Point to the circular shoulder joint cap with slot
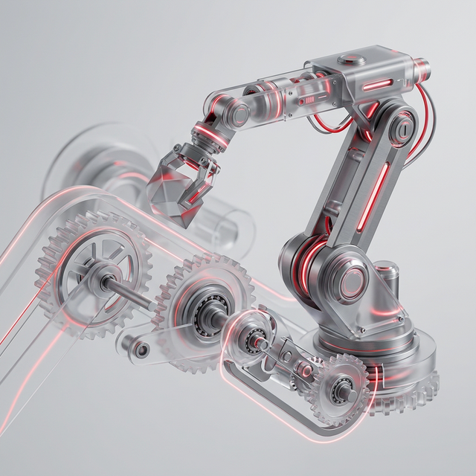[x=402, y=129]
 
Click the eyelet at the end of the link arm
[x=134, y=346]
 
